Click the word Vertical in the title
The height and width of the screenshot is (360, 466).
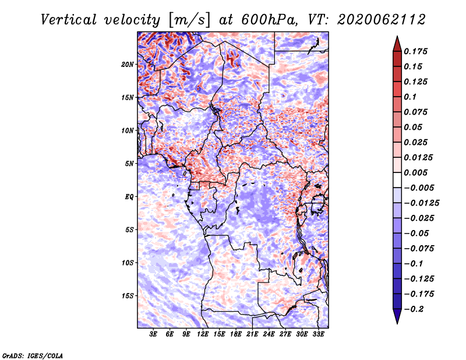pos(69,20)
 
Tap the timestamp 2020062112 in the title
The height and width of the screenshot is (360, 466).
pos(382,20)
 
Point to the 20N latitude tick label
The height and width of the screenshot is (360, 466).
pos(127,65)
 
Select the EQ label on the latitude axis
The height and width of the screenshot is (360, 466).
pos(129,197)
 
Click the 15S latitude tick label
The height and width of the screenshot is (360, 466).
pos(127,296)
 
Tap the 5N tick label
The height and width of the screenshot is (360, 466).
pos(129,164)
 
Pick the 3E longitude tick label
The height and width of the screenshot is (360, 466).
pos(153,334)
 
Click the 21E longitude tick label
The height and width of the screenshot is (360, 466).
pos(252,334)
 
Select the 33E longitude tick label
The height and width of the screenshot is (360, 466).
pos(318,334)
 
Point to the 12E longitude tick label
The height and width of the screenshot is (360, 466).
pos(202,334)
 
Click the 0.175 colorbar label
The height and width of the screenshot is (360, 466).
pos(415,51)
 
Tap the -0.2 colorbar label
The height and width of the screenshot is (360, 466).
pos(414,309)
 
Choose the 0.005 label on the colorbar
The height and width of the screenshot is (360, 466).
pos(415,172)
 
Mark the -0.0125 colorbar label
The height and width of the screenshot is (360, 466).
pos(421,203)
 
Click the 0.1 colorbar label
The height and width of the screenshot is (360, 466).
pos(410,97)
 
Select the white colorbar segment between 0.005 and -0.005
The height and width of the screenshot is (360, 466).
pos(397,180)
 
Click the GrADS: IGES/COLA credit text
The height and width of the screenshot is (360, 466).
pos(33,356)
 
